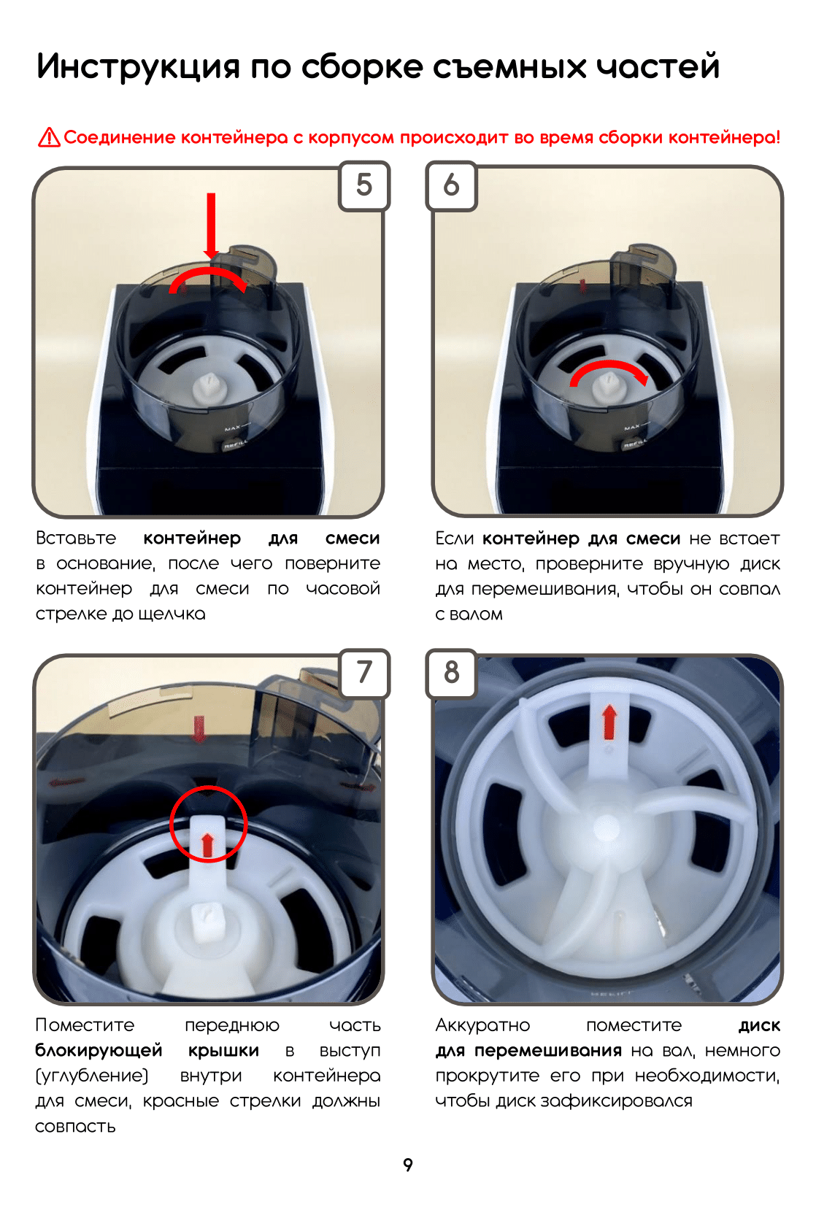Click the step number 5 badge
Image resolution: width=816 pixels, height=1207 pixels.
coord(363,185)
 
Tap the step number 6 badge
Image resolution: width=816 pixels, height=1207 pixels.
coord(452,185)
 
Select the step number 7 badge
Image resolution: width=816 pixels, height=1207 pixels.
coord(364,673)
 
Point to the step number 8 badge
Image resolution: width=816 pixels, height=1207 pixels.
coord(452,673)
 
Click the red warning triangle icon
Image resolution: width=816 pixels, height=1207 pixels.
coord(49,137)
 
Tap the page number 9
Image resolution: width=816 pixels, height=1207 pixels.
coord(408,1165)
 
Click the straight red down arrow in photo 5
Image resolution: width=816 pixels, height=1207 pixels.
coord(211,226)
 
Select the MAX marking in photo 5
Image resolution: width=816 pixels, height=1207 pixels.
coord(233,428)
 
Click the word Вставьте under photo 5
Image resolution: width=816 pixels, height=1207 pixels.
coord(76,539)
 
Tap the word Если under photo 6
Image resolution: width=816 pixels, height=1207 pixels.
coord(455,539)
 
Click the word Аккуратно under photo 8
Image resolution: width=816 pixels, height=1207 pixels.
coord(483,1025)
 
